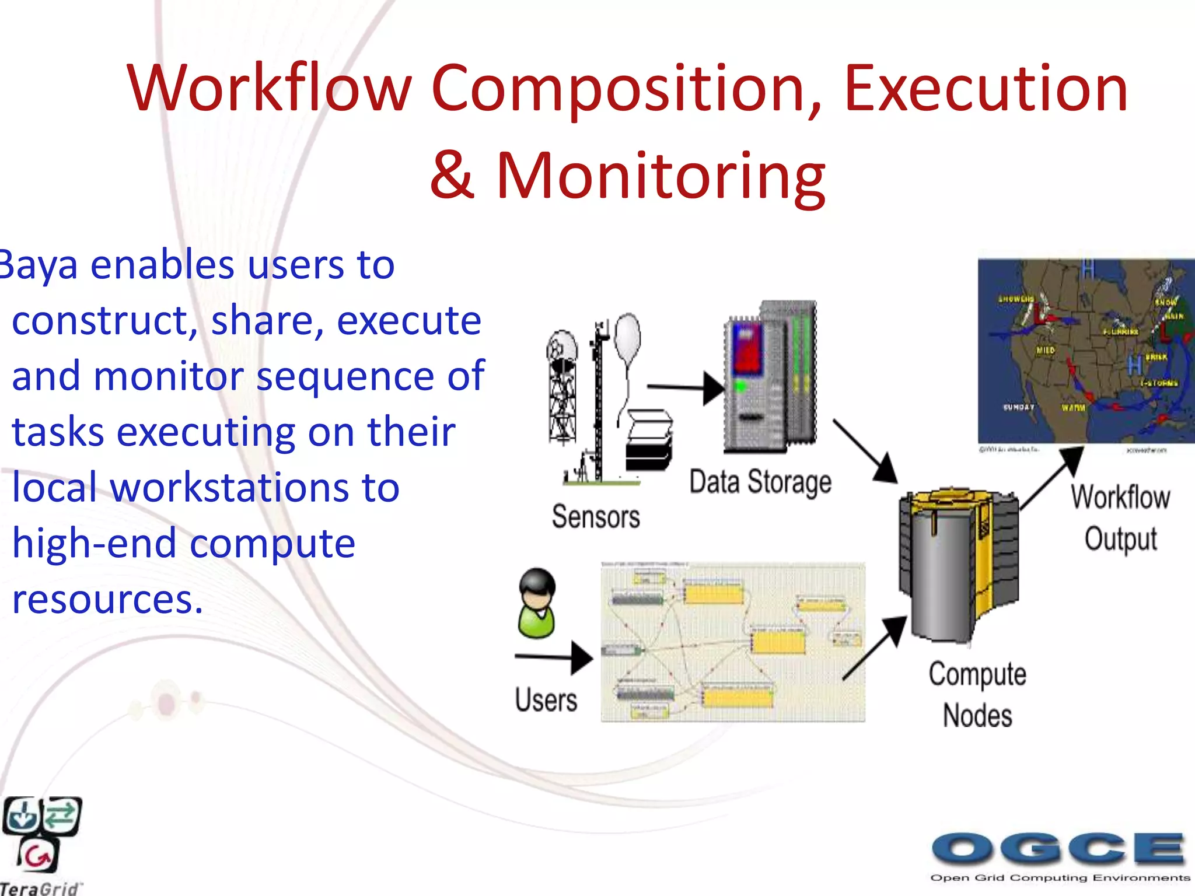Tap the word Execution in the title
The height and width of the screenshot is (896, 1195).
coord(986,89)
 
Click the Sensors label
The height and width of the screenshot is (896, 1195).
coord(596,517)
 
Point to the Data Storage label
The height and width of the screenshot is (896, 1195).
coord(760,482)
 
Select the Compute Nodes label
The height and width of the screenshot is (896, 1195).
coord(977,694)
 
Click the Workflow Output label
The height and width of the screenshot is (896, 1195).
coord(1120,518)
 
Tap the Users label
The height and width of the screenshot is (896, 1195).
coord(546,699)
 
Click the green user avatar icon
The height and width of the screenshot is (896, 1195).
coord(536,604)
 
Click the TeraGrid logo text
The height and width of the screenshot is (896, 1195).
coord(40,888)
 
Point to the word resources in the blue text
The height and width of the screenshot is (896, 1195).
coord(107,599)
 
